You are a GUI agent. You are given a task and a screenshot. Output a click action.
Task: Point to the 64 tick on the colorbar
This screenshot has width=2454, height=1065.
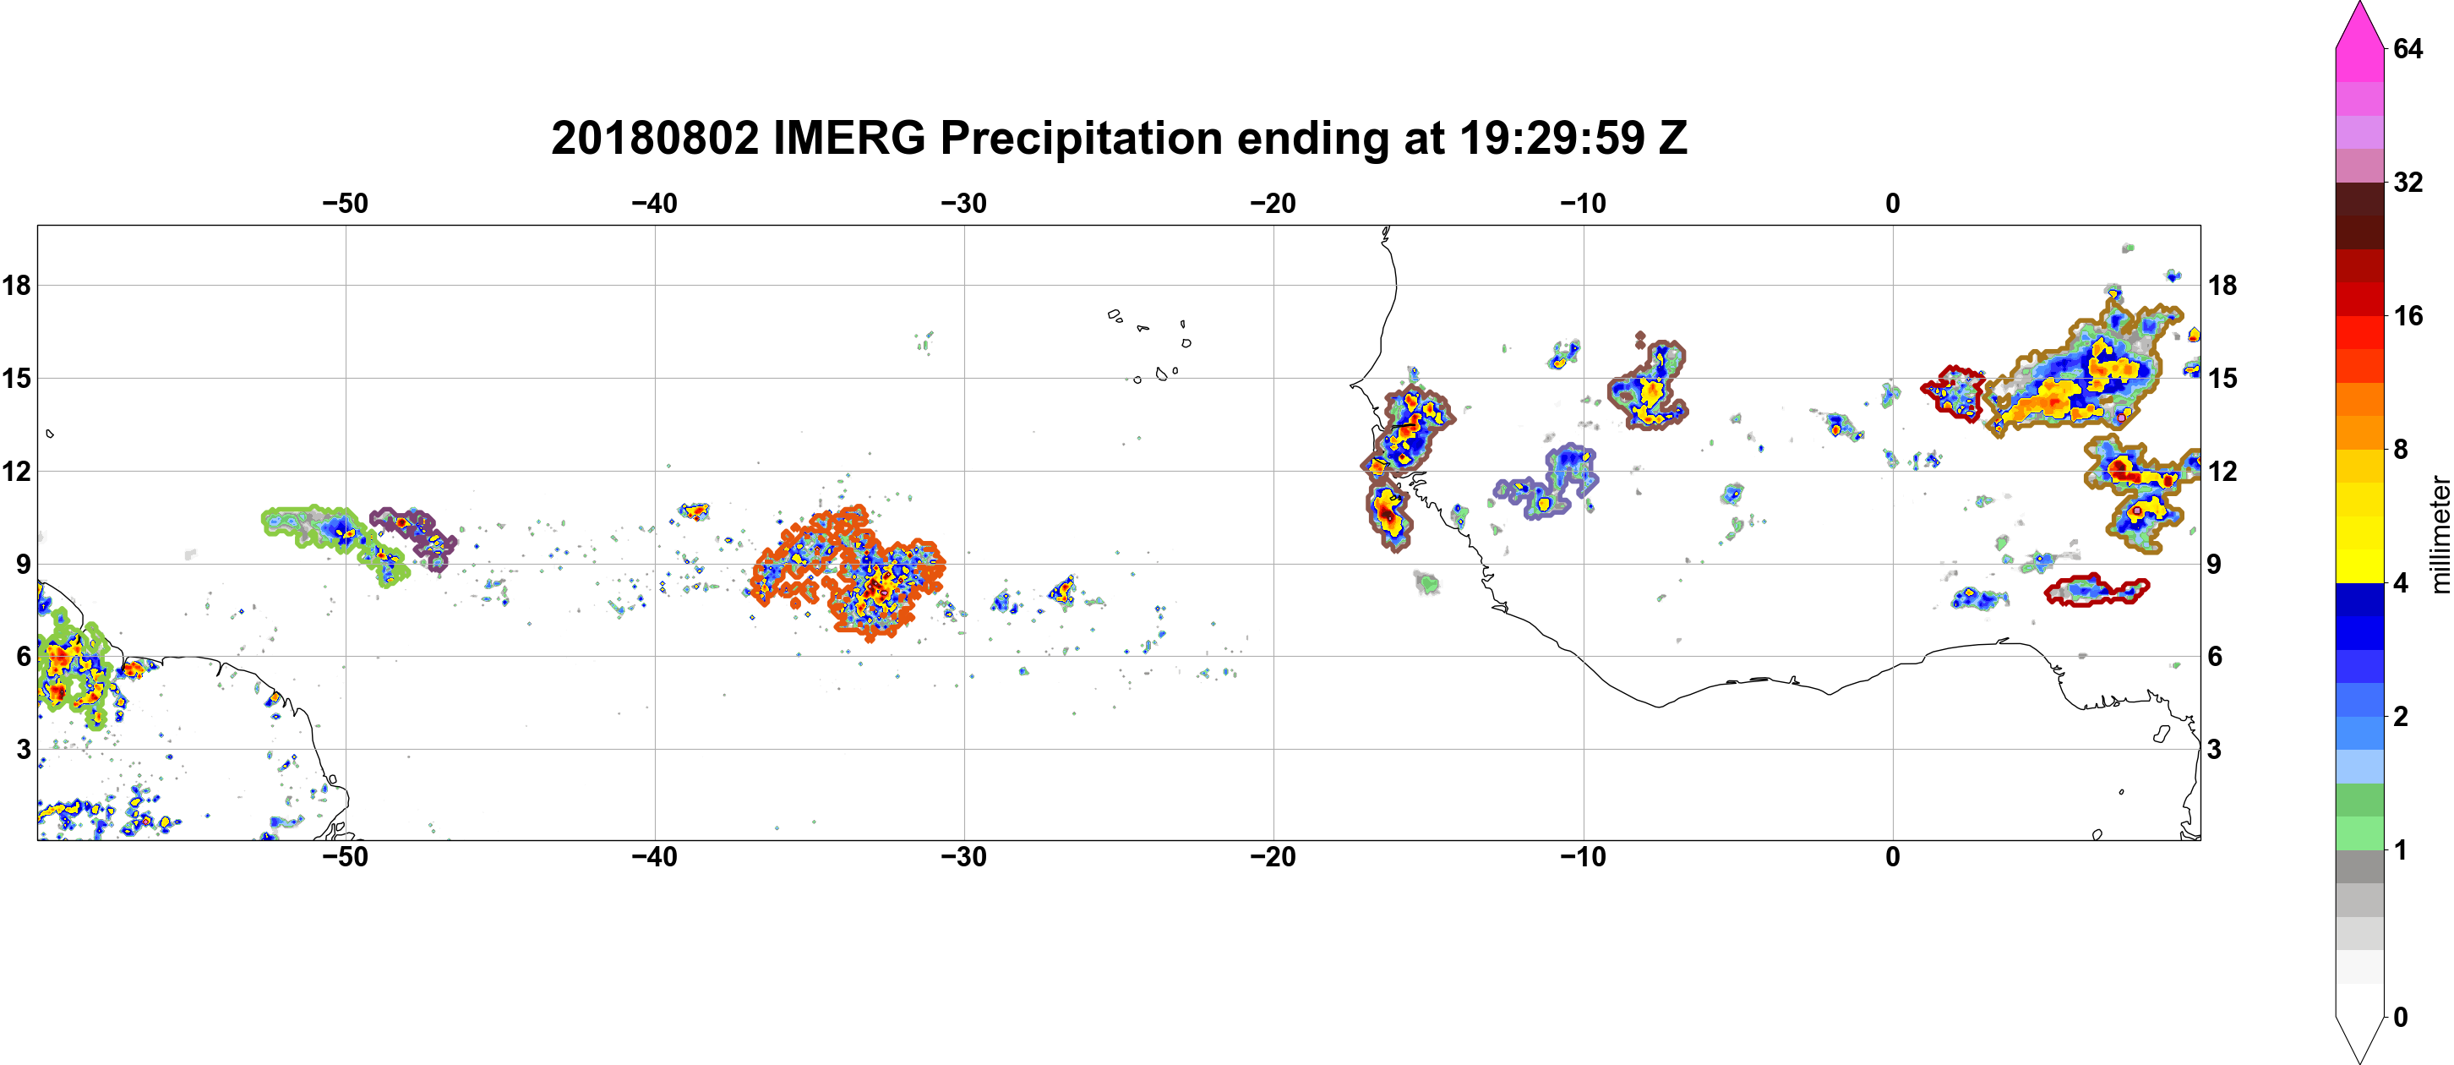2408,47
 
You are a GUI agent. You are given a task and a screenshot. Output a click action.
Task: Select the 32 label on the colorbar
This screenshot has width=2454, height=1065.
2408,182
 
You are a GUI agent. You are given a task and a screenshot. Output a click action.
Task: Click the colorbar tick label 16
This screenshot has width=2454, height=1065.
2408,315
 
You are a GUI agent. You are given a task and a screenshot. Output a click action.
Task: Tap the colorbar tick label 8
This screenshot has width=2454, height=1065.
2400,449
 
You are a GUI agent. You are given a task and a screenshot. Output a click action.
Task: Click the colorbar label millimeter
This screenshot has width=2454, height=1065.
2440,534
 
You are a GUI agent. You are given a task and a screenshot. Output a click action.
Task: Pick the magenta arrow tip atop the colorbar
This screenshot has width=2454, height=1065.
2359,4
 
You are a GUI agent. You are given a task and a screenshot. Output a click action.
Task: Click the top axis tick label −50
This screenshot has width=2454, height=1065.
345,204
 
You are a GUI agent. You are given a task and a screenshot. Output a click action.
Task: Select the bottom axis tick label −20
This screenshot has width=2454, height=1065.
1273,857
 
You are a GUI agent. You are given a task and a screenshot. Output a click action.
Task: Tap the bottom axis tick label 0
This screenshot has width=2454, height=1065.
1893,857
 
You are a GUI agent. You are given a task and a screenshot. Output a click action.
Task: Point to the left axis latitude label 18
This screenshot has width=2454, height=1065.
16,285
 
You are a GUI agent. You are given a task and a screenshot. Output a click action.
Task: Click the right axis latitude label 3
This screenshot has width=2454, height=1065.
2214,750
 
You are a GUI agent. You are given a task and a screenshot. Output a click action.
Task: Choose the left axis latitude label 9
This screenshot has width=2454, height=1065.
23,564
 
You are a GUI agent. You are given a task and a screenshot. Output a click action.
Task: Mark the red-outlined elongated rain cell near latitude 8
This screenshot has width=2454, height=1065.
2096,592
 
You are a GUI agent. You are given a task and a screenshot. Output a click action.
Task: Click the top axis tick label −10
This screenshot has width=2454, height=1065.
1584,204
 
